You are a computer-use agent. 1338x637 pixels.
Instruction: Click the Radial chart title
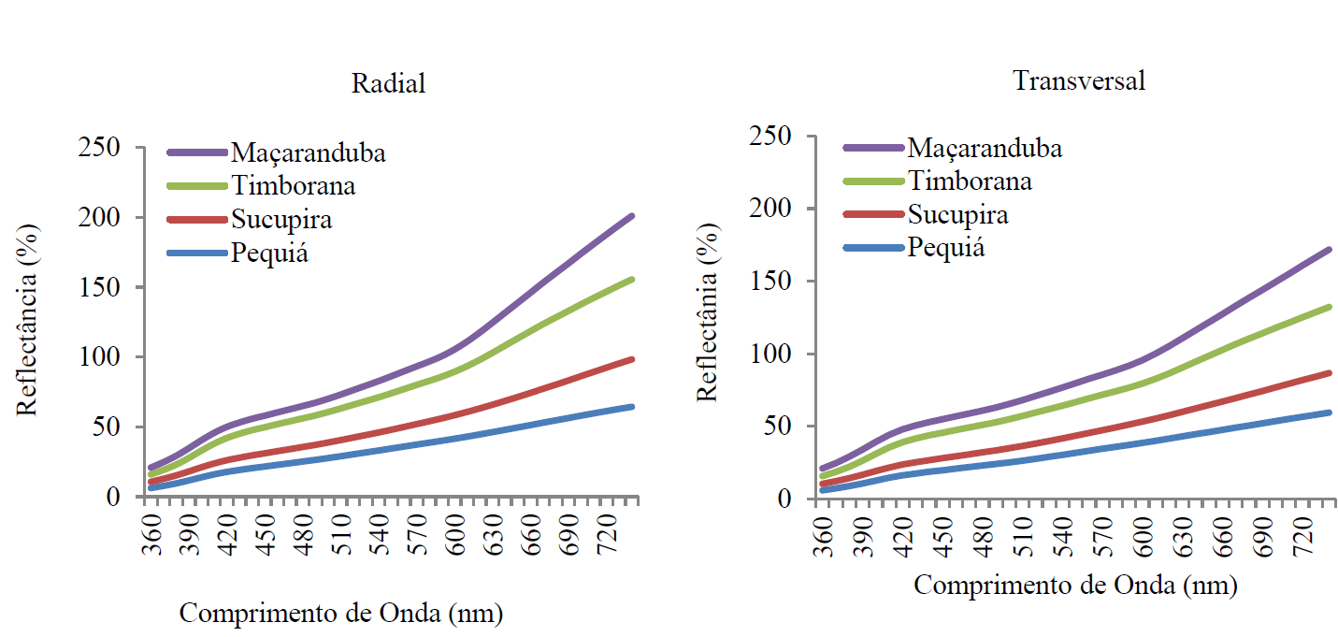[x=388, y=83]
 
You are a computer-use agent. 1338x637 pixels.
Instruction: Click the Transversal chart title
[x=1079, y=80]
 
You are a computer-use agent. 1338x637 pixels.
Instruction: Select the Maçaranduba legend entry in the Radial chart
[x=309, y=152]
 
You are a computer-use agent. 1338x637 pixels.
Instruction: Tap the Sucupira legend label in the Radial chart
[x=281, y=220]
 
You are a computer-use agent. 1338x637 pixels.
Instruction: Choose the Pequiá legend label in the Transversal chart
[x=946, y=248]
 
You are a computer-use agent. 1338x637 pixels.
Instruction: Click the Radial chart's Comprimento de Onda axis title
[x=340, y=615]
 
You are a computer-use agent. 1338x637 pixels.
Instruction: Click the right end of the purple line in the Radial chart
[x=632, y=216]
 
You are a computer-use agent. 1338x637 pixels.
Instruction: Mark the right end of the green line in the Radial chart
[x=632, y=279]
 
